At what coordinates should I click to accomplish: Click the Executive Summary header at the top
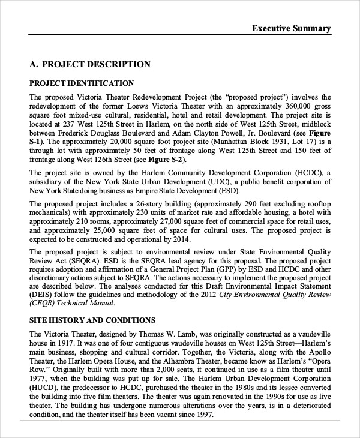tap(291, 28)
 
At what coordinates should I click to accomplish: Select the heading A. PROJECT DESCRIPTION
tap(90, 64)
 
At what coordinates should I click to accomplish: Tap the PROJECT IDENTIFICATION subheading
tap(82, 83)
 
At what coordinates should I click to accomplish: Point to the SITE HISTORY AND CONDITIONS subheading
tap(92, 320)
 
